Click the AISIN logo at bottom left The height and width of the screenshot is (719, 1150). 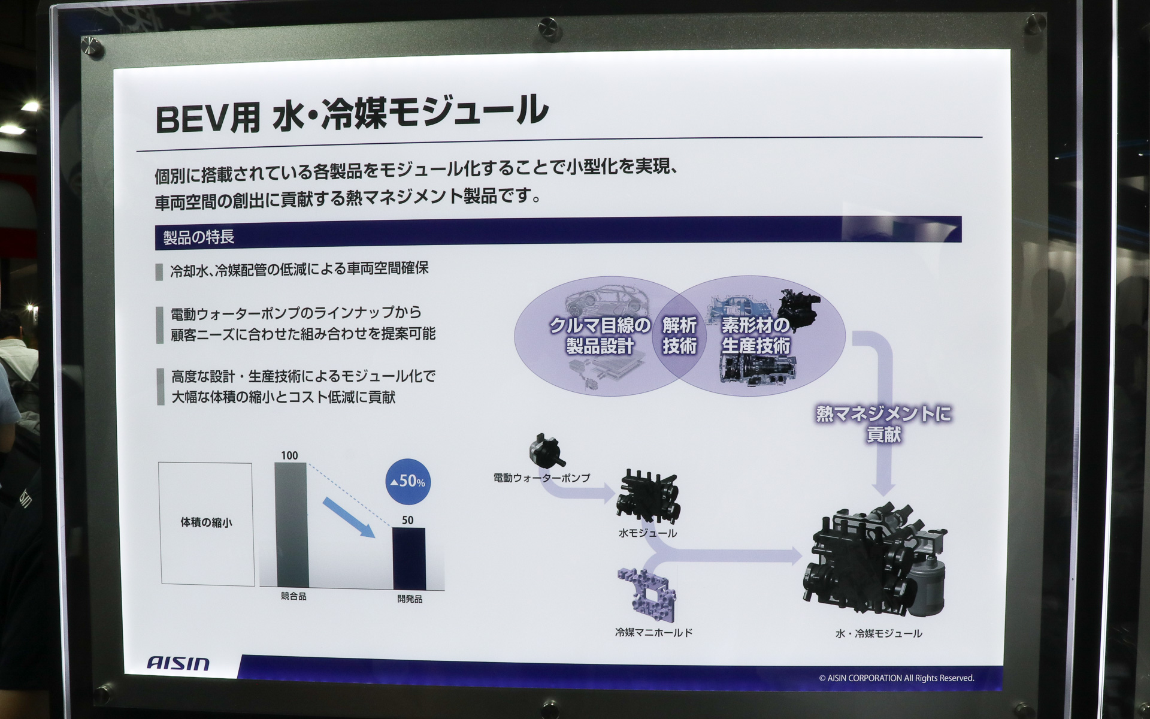(x=178, y=663)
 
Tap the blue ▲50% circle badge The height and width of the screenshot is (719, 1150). (x=408, y=481)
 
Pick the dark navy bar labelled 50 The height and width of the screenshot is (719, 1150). (x=409, y=558)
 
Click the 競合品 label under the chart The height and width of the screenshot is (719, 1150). (x=293, y=597)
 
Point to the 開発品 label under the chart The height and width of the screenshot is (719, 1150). (x=410, y=599)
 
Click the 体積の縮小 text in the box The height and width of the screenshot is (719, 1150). (x=206, y=522)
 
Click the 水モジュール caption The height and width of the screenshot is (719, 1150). (x=647, y=533)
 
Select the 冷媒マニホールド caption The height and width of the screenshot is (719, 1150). (x=653, y=632)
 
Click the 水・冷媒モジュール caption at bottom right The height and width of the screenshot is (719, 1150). (x=879, y=633)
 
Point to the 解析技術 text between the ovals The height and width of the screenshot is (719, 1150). (x=679, y=336)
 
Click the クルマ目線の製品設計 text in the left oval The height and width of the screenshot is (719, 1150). (x=600, y=336)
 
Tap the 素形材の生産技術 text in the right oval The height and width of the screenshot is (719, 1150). (x=755, y=336)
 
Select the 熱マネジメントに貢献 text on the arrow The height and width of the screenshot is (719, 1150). (x=883, y=424)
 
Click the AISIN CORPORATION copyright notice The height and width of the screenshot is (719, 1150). (x=896, y=678)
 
